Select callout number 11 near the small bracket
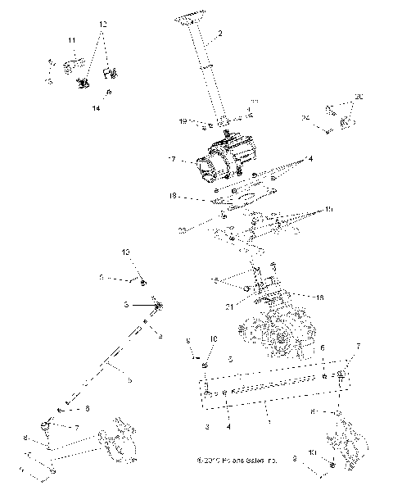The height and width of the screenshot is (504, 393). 72,41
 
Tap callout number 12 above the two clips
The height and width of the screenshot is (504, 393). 103,25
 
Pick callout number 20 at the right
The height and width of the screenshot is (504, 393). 358,96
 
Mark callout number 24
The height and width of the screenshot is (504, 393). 305,119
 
